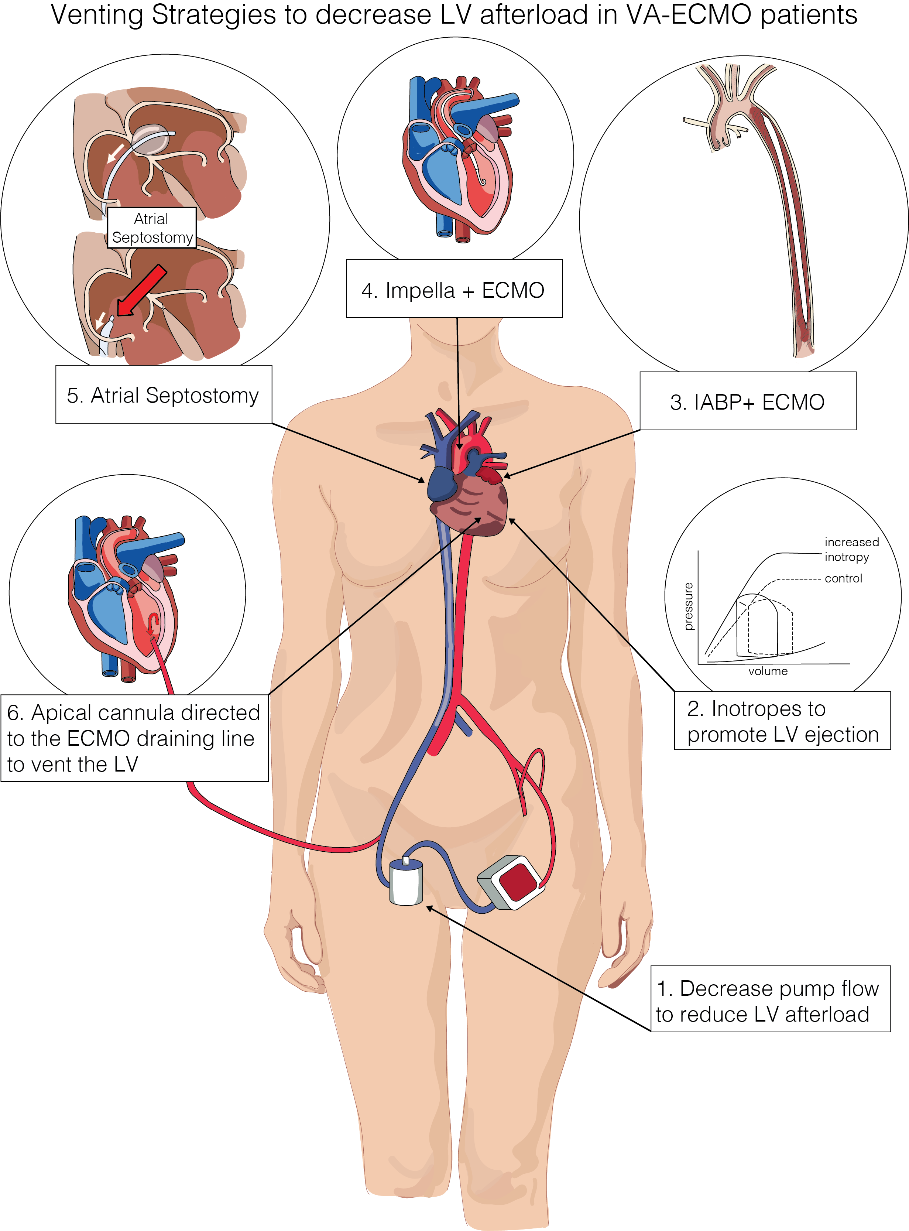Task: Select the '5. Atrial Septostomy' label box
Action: coord(164,394)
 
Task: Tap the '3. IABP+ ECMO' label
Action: coord(747,401)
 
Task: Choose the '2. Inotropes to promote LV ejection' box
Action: coord(782,721)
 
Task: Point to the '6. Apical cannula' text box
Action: coord(134,738)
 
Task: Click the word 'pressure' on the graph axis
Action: coord(688,606)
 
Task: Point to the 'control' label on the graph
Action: coord(843,578)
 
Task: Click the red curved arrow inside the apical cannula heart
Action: coord(154,623)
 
